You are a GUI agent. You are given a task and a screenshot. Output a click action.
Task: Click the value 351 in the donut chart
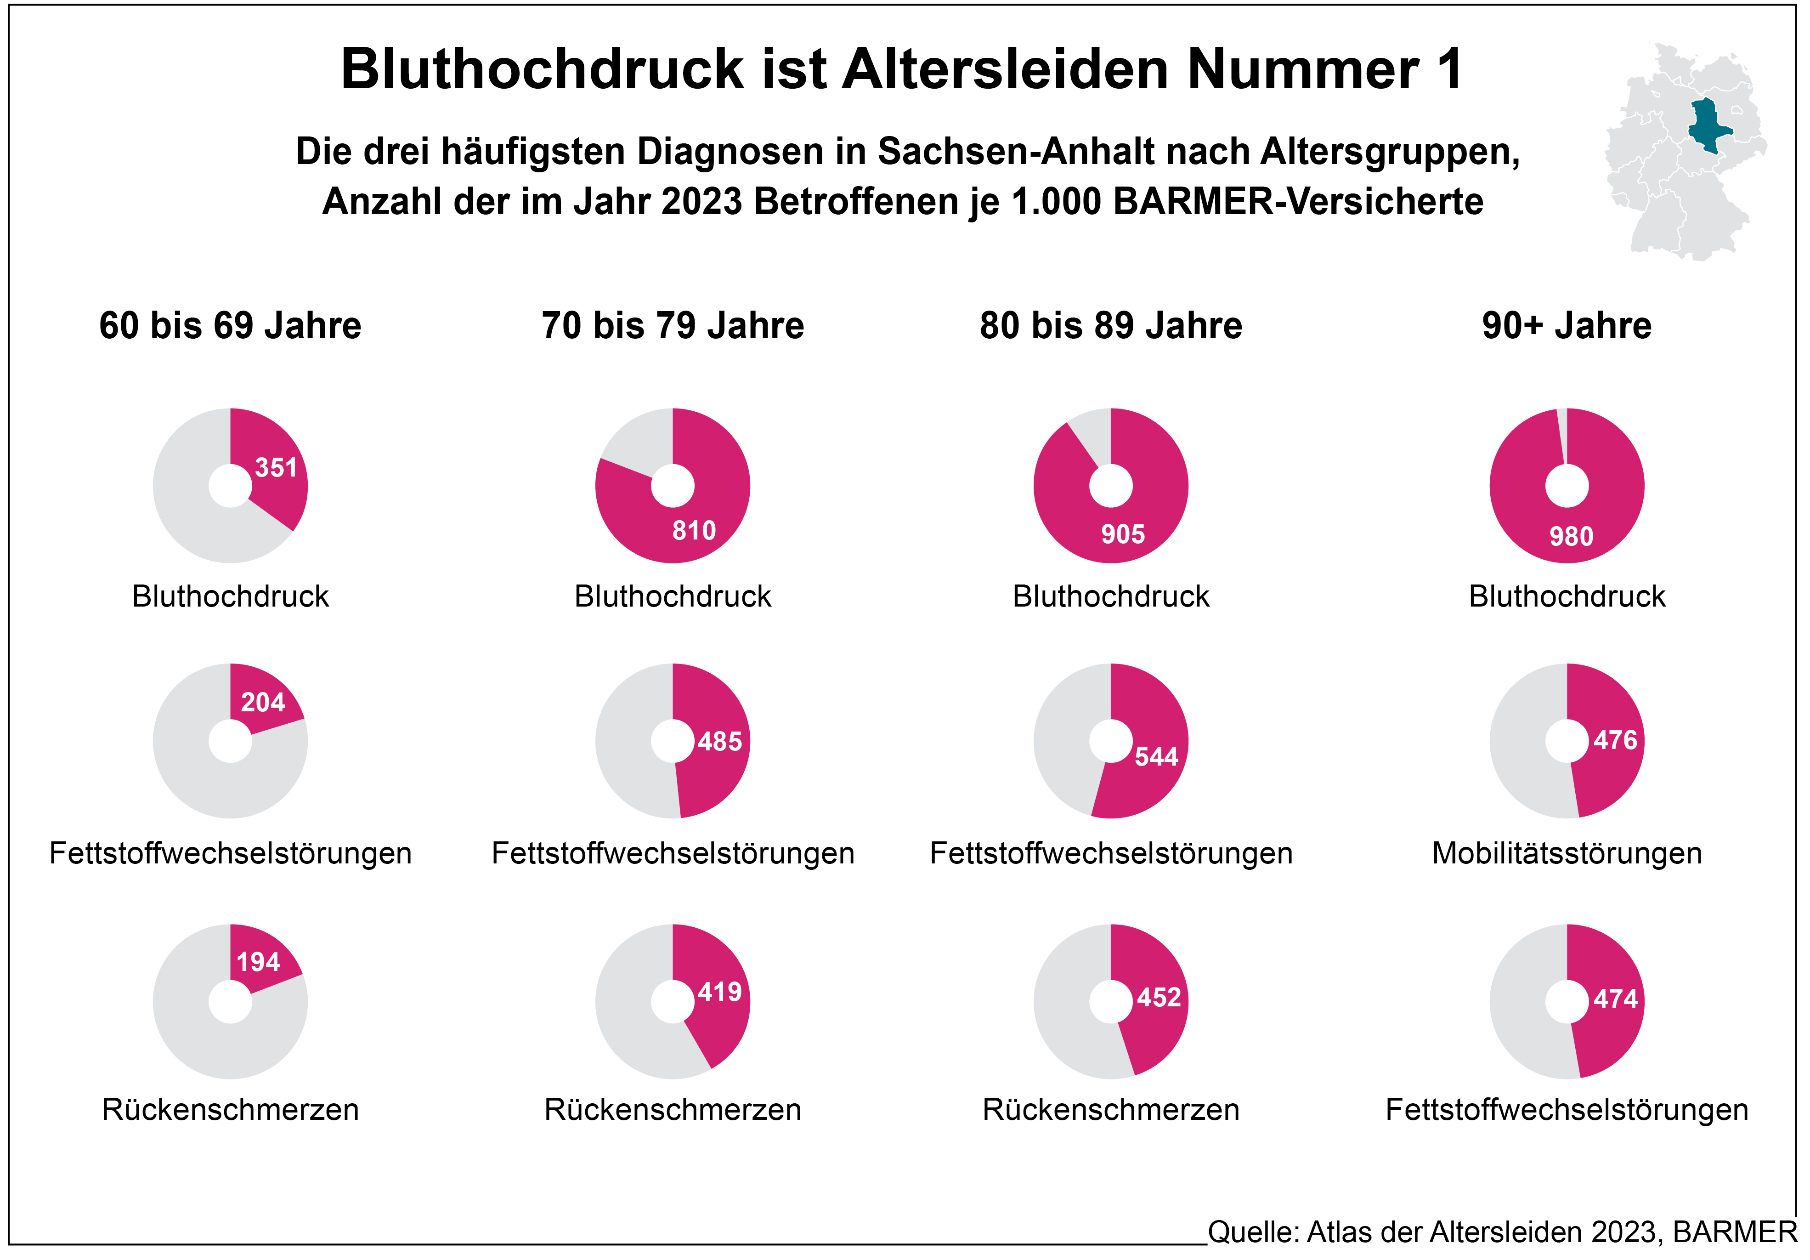(x=276, y=468)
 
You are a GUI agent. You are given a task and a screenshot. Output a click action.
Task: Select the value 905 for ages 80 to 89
(x=1123, y=534)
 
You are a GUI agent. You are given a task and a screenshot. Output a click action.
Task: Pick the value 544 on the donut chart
(x=1156, y=757)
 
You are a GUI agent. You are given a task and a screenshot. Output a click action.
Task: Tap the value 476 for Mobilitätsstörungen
(x=1615, y=740)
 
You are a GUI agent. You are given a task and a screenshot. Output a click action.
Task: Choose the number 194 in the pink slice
(x=258, y=962)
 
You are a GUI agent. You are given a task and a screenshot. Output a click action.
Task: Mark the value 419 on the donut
(x=720, y=992)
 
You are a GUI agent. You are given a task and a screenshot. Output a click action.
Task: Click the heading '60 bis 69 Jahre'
(x=230, y=326)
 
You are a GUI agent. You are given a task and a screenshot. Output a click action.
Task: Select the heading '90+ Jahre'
(x=1567, y=326)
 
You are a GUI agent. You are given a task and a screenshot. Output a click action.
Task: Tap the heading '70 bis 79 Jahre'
(x=673, y=326)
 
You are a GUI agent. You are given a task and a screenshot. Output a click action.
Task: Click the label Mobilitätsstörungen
(x=1567, y=853)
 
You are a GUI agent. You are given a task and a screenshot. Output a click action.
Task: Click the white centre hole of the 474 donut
(x=1567, y=1001)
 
